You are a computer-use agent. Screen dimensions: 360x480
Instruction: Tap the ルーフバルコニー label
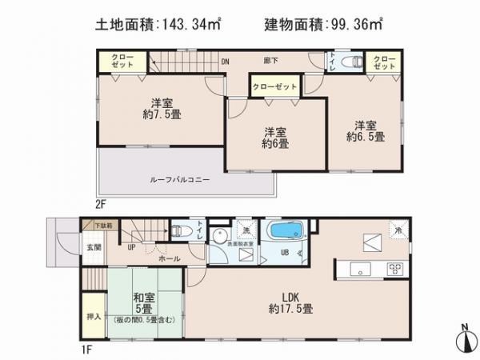click(179, 181)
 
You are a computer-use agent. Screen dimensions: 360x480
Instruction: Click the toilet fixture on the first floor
click(180, 230)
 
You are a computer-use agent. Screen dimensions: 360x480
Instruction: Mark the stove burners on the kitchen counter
click(394, 267)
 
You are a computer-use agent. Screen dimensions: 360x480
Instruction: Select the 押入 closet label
click(92, 316)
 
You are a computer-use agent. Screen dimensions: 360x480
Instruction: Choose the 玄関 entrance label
click(94, 247)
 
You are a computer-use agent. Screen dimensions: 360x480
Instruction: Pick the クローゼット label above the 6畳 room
click(275, 86)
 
